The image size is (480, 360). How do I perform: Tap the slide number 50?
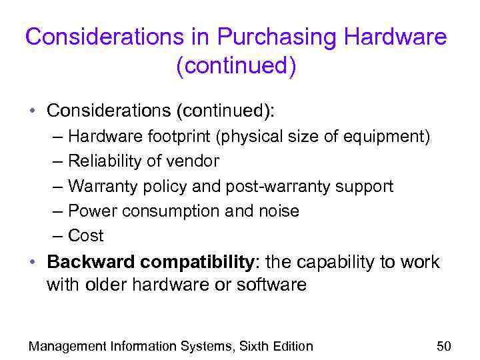[443, 346]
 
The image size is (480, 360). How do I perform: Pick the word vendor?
[195, 161]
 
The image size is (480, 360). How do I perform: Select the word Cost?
[86, 236]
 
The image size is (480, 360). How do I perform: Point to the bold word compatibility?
[199, 262]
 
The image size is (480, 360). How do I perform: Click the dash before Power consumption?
[56, 211]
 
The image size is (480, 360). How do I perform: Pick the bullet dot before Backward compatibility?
[33, 263]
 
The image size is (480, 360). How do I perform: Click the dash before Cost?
[56, 236]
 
